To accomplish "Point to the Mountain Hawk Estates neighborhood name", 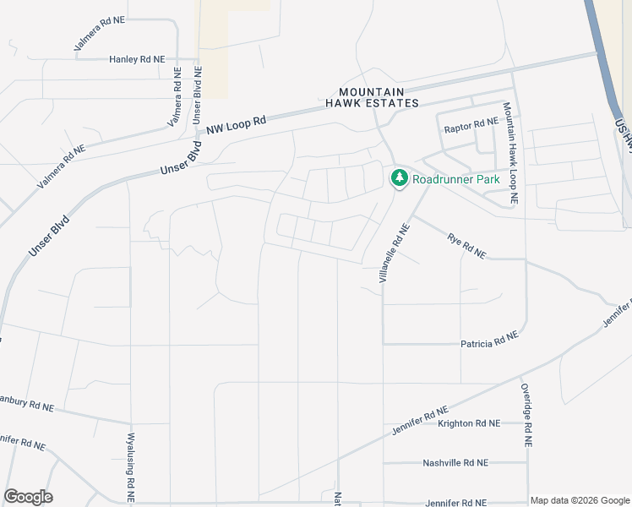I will (x=373, y=97).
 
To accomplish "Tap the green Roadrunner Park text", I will (x=456, y=179).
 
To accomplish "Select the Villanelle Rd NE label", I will (x=395, y=253).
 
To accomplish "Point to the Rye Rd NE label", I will (x=466, y=246).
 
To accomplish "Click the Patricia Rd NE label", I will (x=489, y=343).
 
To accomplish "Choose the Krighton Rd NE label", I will (x=469, y=423).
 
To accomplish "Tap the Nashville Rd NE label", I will (x=455, y=463).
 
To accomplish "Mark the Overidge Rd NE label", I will (x=526, y=415).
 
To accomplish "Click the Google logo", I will (x=28, y=497).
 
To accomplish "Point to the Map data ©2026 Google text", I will (x=579, y=500).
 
